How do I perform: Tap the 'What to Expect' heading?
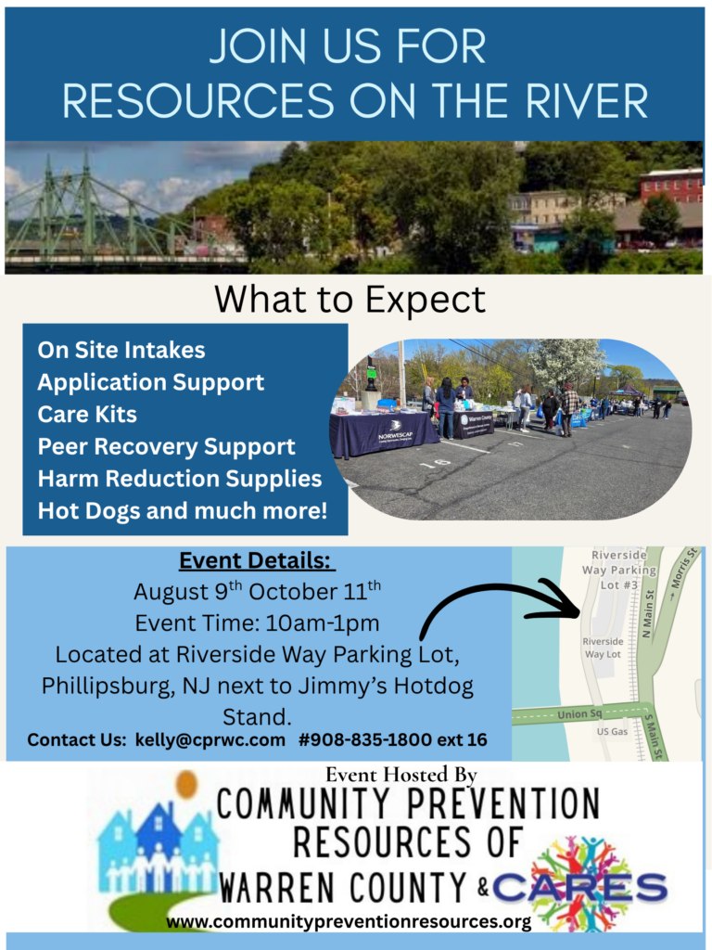[x=350, y=299]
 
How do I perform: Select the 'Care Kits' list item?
[x=87, y=415]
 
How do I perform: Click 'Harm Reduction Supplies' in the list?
[x=179, y=479]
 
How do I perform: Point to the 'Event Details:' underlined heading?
[x=258, y=561]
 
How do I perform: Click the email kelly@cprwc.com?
[x=210, y=739]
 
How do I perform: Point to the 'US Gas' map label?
[x=611, y=732]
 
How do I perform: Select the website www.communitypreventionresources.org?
[x=349, y=922]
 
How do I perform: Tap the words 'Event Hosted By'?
[x=402, y=775]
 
